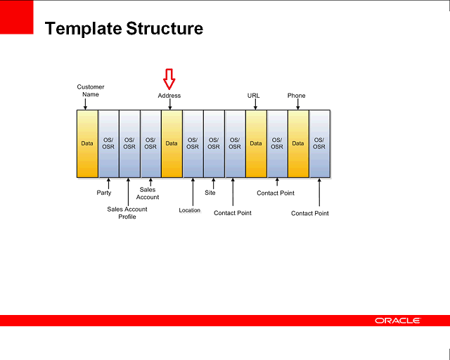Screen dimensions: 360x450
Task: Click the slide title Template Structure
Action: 124,29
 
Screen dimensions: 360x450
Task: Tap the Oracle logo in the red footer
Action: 397,321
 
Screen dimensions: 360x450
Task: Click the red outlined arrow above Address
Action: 169,78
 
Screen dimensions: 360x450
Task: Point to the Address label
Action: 169,96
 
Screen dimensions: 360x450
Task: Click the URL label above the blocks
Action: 254,96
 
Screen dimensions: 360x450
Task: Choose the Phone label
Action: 296,96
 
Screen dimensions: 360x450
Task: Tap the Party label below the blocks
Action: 103,193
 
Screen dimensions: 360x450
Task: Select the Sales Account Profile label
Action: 127,213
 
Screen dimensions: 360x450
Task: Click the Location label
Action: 189,210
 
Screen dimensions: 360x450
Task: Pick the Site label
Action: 210,193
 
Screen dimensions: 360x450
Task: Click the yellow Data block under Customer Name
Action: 87,143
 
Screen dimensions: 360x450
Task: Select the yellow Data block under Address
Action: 172,143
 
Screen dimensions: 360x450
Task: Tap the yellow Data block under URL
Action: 256,143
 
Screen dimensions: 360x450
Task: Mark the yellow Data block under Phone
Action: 298,143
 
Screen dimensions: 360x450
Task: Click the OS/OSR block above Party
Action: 108,143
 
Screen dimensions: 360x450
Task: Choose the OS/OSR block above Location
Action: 193,143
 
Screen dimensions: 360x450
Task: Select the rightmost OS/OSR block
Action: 319,143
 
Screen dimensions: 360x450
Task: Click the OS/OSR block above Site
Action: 214,143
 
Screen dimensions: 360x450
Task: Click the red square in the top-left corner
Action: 16,17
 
